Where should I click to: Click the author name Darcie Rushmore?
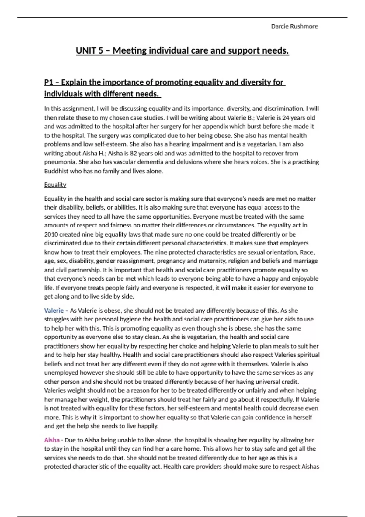[x=294, y=26]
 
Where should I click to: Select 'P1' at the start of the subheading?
[x=49, y=82]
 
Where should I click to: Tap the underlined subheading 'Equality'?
[x=55, y=185]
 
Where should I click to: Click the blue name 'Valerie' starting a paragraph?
[x=54, y=311]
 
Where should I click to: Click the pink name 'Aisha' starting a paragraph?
[x=52, y=440]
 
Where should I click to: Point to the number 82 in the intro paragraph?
[x=133, y=153]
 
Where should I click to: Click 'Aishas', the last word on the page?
[x=310, y=467]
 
